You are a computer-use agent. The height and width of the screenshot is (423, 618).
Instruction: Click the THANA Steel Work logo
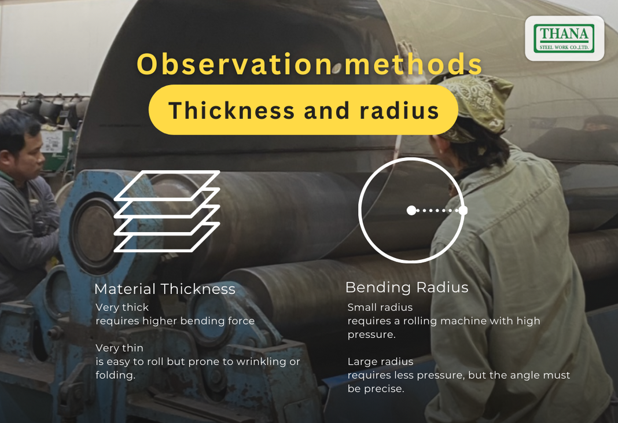(564, 38)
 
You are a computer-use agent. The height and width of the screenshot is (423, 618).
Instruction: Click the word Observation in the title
(235, 64)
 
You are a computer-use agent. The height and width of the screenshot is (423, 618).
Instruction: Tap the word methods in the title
(413, 64)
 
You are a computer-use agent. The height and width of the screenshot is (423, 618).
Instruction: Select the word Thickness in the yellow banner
(231, 110)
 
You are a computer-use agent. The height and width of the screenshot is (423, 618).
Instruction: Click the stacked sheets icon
(167, 211)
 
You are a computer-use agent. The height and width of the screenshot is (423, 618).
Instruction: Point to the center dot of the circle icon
(411, 211)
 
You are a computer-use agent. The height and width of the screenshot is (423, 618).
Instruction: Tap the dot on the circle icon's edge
(463, 211)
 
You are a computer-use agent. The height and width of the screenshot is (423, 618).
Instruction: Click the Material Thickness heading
(165, 289)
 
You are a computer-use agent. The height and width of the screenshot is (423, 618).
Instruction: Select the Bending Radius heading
(407, 288)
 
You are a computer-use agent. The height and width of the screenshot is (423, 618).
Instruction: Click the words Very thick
(122, 307)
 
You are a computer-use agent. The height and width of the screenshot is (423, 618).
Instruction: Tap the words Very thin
(119, 348)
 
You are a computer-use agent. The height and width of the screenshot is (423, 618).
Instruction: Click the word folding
(116, 376)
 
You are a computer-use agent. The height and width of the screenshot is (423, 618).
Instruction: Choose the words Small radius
(380, 307)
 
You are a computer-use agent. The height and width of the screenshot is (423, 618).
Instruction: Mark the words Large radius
(380, 362)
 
